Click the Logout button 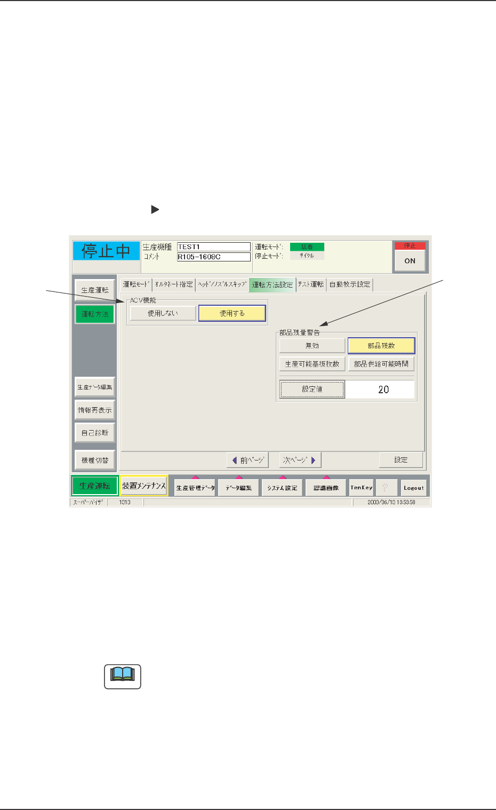tap(413, 488)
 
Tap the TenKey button tap(361, 488)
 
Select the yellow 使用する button tap(232, 313)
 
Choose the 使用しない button tap(163, 313)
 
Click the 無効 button tap(312, 346)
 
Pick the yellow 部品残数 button tap(381, 346)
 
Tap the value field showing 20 tap(381, 390)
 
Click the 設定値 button tap(312, 390)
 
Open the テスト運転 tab tap(311, 284)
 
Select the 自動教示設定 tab tap(350, 284)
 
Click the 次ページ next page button tap(300, 460)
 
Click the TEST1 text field tap(213, 247)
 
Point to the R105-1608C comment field tap(213, 257)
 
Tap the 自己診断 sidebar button tap(95, 433)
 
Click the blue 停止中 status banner tap(106, 251)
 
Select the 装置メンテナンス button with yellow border tap(144, 486)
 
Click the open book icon tap(123, 676)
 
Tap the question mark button tap(386, 488)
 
